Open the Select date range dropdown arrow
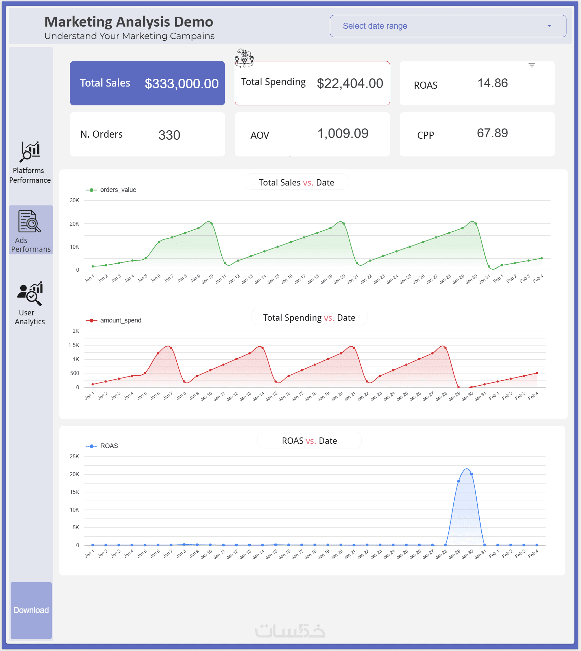pos(549,26)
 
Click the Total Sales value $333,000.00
pos(182,84)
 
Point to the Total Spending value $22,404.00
pos(350,84)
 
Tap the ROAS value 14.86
pos(493,83)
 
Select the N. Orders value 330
pos(169,135)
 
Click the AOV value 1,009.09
pos(343,134)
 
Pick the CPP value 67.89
pos(492,133)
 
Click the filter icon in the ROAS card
pos(532,65)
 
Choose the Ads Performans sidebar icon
pos(29,221)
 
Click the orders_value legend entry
pos(111,190)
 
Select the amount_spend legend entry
pos(114,320)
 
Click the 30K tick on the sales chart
pos(74,200)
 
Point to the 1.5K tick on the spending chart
pos(74,345)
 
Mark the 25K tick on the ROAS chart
pos(74,457)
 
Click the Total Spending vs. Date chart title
pos(309,318)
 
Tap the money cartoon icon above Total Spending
pos(244,58)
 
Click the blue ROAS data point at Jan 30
pos(471,474)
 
